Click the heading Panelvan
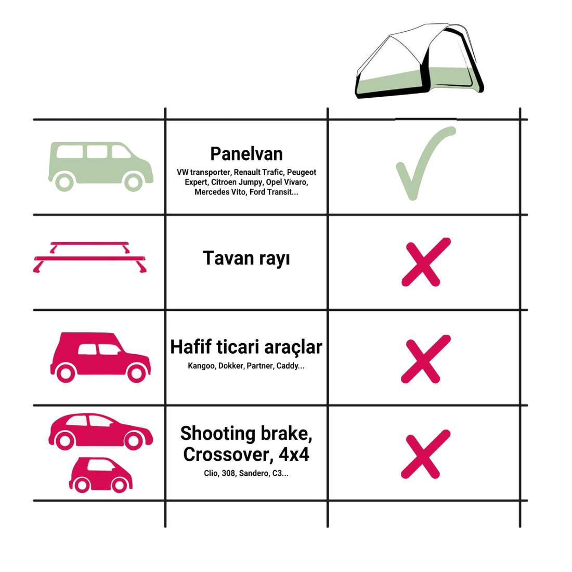coord(246,154)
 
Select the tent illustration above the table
coord(420,60)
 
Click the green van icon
coord(101,166)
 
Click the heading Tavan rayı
coord(246,258)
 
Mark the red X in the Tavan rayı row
coord(426,262)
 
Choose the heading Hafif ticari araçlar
coord(246,347)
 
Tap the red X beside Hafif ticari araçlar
coord(426,359)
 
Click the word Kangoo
coord(201,366)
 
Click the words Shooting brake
coord(246,434)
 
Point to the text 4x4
coord(294,454)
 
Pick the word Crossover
coord(228,455)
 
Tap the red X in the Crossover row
coord(426,454)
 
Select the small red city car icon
coord(101,475)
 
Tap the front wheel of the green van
coord(133,182)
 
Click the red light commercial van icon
coord(100,358)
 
